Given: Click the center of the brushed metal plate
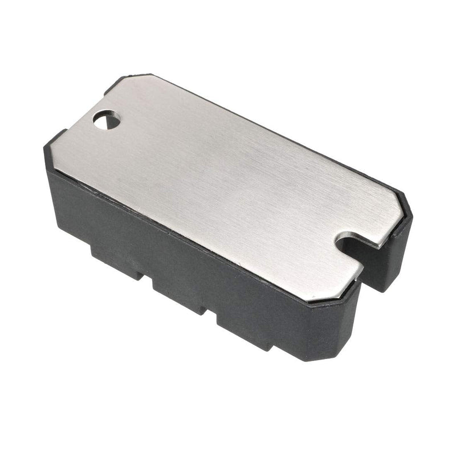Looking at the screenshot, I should tap(228, 182).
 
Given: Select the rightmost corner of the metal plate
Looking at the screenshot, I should tap(408, 212).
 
